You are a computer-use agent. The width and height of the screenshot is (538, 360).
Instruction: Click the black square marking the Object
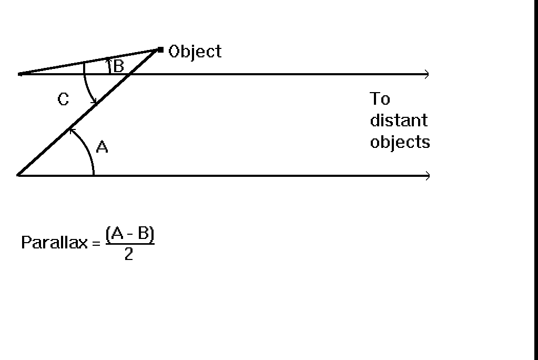coord(160,50)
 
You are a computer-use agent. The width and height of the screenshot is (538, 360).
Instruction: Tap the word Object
coord(195,52)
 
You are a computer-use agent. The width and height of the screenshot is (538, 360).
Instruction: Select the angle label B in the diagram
coord(118,66)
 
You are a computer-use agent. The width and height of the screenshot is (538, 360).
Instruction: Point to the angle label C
coord(63,99)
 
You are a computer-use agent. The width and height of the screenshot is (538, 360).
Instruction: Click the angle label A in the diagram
coord(102,147)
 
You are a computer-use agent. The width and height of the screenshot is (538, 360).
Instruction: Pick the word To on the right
coord(380,98)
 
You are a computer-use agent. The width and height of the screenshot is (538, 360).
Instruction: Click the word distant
coord(399,120)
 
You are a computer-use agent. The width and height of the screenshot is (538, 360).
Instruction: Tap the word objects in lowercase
coord(400,142)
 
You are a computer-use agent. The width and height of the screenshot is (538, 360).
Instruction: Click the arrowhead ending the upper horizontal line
coord(427,74)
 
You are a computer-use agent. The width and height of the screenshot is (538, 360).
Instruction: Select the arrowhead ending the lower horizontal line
coord(428,176)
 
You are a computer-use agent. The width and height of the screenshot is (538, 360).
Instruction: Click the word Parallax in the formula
coord(55,243)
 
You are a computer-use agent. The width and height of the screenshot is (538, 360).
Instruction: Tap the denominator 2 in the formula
coord(129,255)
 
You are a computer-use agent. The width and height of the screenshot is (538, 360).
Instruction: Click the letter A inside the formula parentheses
coord(117,233)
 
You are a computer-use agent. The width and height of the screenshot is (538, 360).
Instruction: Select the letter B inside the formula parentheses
coord(144,233)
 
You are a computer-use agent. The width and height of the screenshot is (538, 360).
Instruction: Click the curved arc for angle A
coord(88,147)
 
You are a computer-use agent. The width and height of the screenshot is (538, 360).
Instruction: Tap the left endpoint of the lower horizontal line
coord(18,176)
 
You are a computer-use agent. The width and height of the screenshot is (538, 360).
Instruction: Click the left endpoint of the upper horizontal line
coord(19,74)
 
